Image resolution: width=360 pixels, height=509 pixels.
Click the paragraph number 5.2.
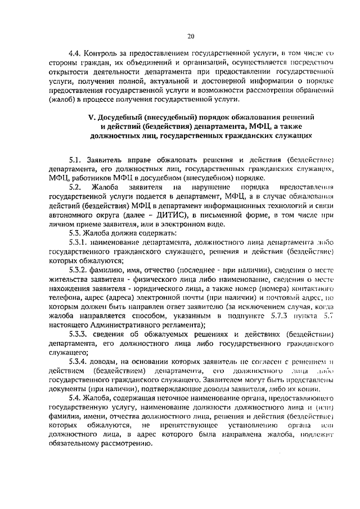75,186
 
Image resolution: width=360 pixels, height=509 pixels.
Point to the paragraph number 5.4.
75,398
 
